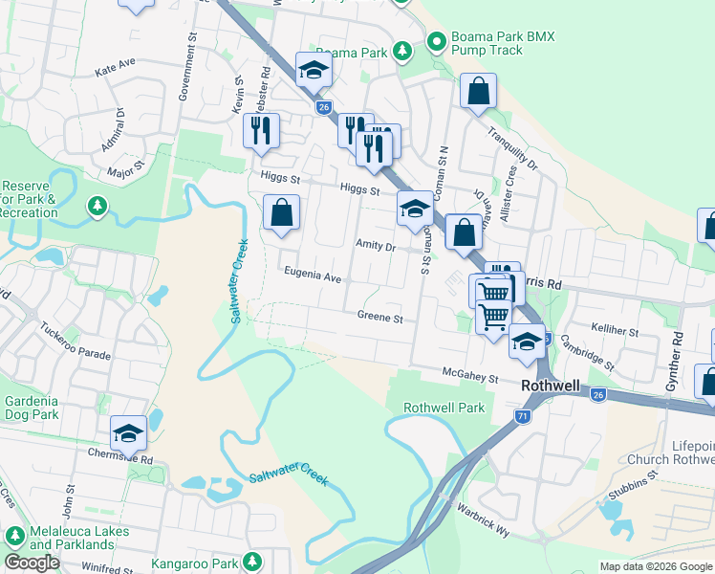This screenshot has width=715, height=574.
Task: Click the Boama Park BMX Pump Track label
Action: tap(503, 42)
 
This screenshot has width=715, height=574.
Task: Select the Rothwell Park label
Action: tap(444, 408)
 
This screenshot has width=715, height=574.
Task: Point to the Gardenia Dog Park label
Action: tap(32, 408)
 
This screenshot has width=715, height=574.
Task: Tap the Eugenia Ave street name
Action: tap(313, 276)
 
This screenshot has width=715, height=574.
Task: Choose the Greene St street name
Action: tap(380, 317)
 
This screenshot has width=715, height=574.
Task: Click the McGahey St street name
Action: tap(470, 378)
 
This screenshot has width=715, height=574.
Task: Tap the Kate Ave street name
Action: tap(116, 67)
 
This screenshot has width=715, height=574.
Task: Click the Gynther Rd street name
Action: tap(677, 354)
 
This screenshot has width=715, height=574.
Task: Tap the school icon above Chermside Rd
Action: tap(128, 433)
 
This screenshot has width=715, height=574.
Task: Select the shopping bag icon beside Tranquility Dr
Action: tap(478, 93)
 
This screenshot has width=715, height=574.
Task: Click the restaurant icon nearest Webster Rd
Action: tap(261, 130)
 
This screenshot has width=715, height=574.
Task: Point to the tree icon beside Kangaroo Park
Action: tap(252, 560)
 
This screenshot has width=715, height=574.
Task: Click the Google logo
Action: tap(32, 563)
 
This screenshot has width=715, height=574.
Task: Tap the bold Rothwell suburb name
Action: tap(552, 385)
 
